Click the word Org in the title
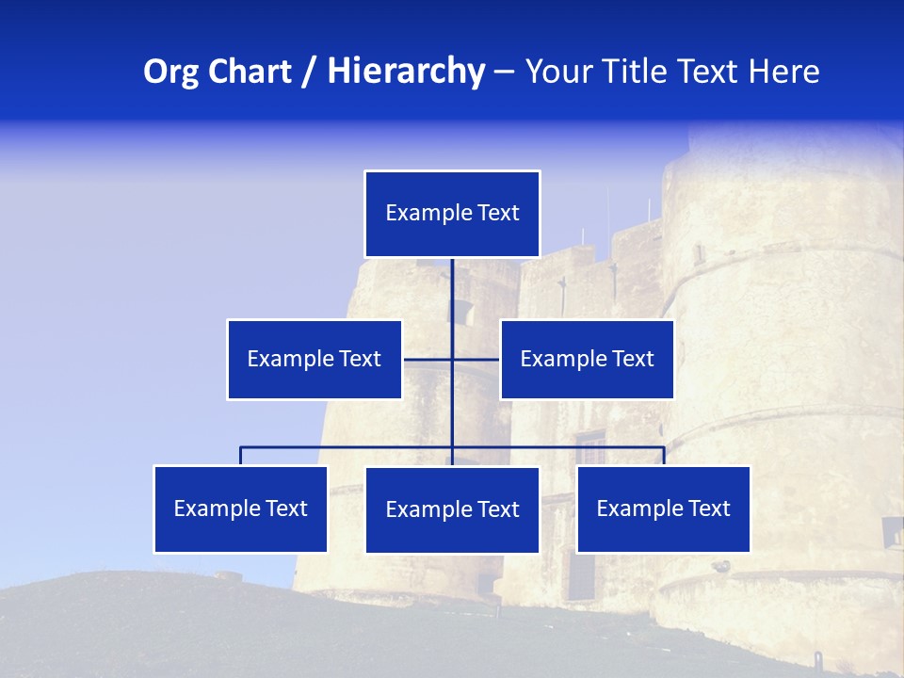(170, 72)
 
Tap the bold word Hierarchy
(406, 72)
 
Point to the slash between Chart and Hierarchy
(308, 72)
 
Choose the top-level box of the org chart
(452, 214)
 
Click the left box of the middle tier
(315, 360)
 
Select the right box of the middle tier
(587, 360)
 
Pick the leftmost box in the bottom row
(240, 509)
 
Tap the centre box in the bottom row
(452, 510)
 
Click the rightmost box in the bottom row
(663, 509)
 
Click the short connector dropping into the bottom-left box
(240, 457)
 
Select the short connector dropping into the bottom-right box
(664, 457)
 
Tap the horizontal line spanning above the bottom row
(348, 447)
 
